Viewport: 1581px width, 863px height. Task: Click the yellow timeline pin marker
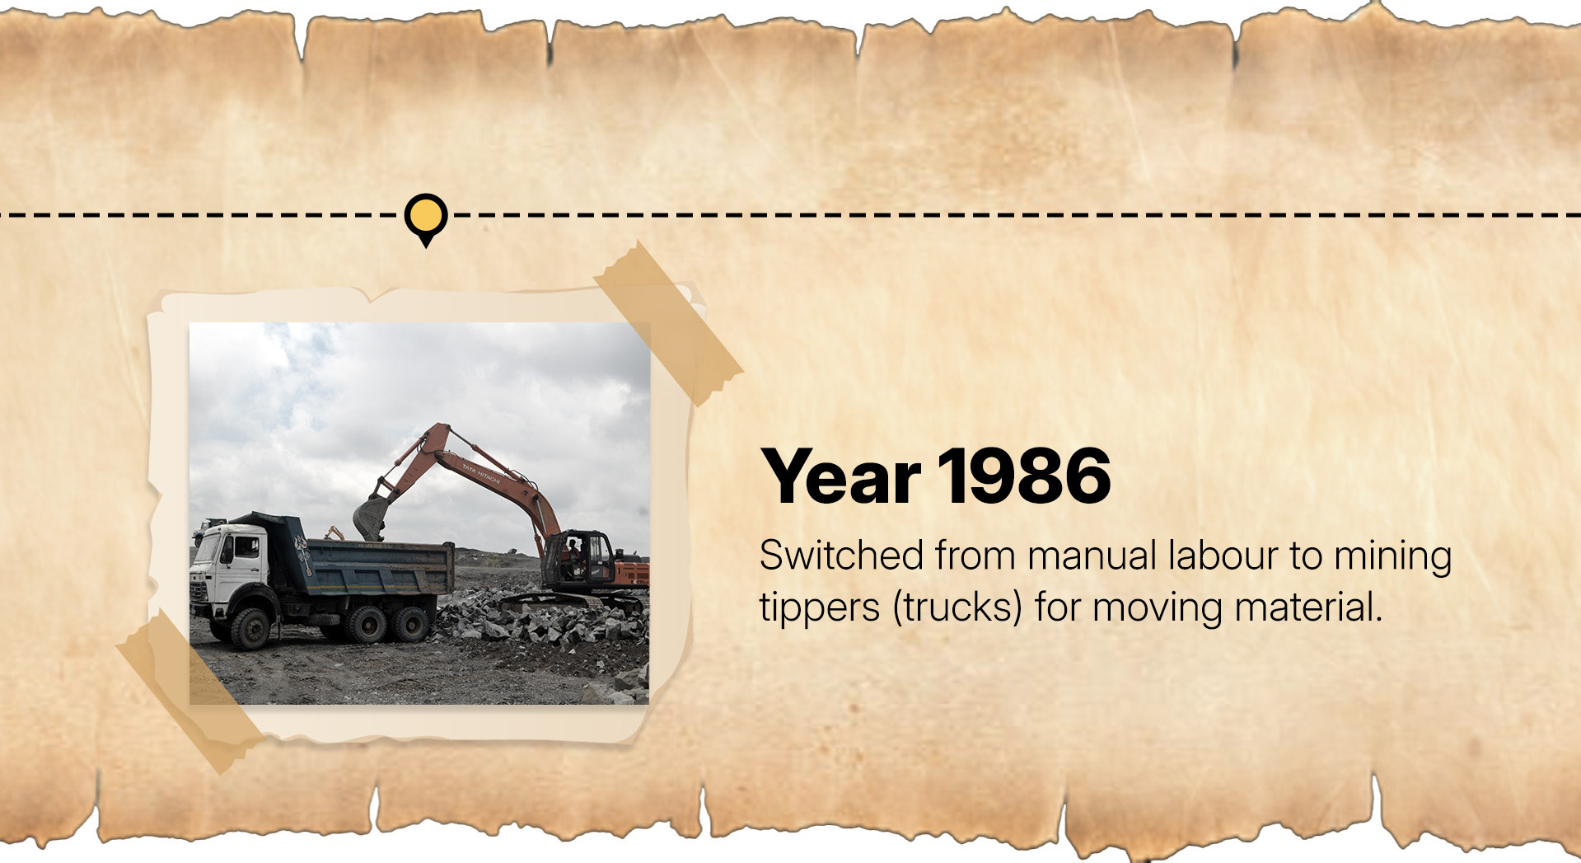426,218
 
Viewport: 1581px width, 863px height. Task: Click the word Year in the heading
841,476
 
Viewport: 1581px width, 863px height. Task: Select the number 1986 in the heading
1024,476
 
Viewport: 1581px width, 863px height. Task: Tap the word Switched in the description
841,556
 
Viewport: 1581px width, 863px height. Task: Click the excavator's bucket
372,517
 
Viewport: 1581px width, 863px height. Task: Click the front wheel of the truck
250,628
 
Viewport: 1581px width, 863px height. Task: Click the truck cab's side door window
246,547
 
